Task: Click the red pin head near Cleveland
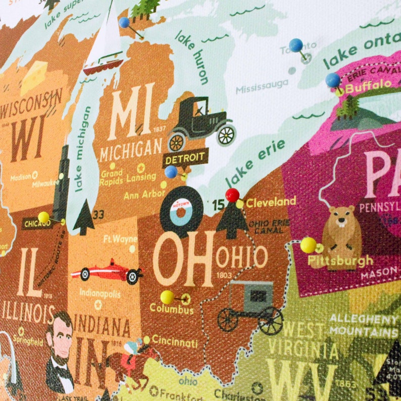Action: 232,194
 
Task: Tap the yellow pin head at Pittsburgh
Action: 308,245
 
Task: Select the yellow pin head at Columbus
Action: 167,297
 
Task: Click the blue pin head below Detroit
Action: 171,172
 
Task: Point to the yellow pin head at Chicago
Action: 44,217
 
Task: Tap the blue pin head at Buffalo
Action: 332,80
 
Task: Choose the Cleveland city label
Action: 271,202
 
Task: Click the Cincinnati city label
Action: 175,342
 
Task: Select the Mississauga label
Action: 262,86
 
